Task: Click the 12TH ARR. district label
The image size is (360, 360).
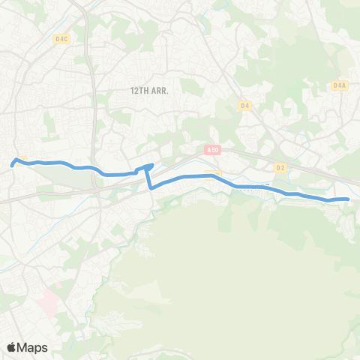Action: pyautogui.click(x=149, y=90)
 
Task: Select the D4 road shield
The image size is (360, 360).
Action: pyautogui.click(x=244, y=106)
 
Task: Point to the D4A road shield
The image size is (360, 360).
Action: pyautogui.click(x=339, y=85)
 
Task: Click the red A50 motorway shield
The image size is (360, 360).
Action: pyautogui.click(x=213, y=150)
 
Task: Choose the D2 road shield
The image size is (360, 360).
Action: pyautogui.click(x=281, y=167)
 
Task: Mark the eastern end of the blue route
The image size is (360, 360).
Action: pyautogui.click(x=349, y=199)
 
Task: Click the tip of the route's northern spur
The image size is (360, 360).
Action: pyautogui.click(x=152, y=165)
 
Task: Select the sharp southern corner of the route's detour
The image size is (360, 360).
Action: pyautogui.click(x=152, y=188)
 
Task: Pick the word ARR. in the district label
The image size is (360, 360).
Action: pyautogui.click(x=159, y=90)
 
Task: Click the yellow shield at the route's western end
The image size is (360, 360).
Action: pyautogui.click(x=22, y=160)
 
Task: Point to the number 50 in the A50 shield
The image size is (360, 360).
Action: pyautogui.click(x=215, y=150)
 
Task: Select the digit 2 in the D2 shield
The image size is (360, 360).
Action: pyautogui.click(x=283, y=167)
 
